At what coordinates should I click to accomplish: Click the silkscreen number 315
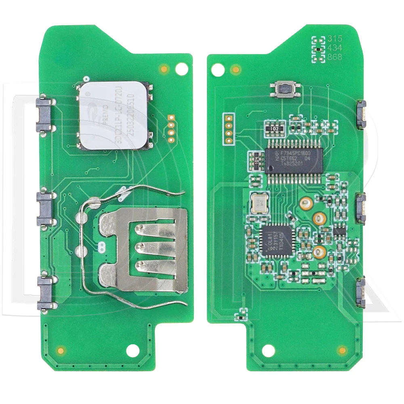[335, 39]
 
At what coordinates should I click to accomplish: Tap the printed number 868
[335, 57]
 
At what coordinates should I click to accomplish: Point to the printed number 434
[335, 48]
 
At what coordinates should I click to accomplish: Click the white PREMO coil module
[115, 115]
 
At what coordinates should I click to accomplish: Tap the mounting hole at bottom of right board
[267, 350]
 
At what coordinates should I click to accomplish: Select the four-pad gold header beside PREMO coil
[171, 129]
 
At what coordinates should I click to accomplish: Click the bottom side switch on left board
[44, 293]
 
